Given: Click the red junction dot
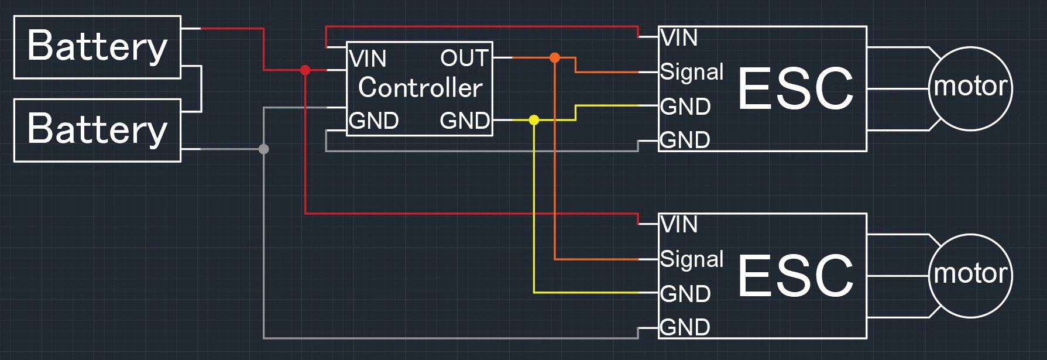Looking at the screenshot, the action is click(x=305, y=70).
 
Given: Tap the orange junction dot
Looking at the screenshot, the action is click(x=555, y=57).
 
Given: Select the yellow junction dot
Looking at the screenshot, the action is click(x=534, y=120).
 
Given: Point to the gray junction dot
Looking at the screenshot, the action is click(x=264, y=149).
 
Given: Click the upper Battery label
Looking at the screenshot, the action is click(x=97, y=46).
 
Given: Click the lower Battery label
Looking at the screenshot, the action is click(x=97, y=129).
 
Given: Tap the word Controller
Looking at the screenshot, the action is click(x=420, y=88).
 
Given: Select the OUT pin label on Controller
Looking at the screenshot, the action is click(x=465, y=58).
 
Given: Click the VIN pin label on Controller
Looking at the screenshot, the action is click(x=368, y=59).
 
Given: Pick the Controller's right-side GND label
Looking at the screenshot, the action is click(x=465, y=121).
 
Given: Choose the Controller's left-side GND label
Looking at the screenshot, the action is click(x=373, y=121).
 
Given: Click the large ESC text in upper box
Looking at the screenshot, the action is click(x=796, y=88).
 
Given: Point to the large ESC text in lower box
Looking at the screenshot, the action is click(x=796, y=276).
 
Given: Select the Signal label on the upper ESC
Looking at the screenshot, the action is click(x=692, y=73).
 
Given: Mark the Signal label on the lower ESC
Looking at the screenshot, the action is click(x=692, y=260).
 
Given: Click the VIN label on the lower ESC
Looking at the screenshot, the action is click(x=679, y=225).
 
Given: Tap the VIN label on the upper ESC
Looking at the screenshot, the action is click(x=679, y=38).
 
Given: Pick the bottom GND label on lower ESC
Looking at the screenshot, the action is click(x=685, y=327).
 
